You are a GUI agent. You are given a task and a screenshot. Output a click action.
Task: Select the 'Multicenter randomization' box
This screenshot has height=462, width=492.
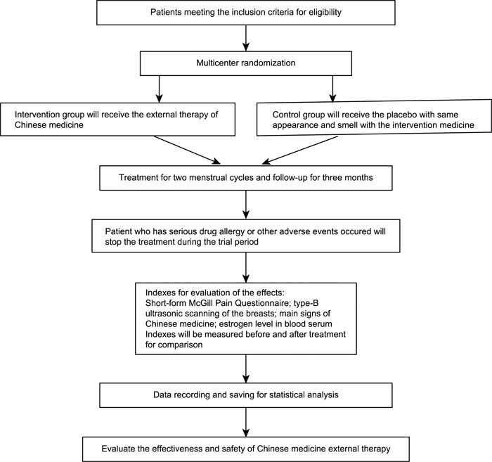(x=246, y=63)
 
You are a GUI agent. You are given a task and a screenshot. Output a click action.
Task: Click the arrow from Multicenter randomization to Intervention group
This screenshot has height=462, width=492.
(x=160, y=89)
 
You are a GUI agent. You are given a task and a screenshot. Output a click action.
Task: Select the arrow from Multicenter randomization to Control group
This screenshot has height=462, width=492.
(x=332, y=89)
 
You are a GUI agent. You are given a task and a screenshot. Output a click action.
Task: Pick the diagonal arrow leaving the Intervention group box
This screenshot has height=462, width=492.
(x=188, y=150)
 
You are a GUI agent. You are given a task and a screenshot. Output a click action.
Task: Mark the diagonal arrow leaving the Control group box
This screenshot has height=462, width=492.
(x=299, y=150)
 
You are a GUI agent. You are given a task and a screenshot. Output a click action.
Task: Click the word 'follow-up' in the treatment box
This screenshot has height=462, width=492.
(x=290, y=178)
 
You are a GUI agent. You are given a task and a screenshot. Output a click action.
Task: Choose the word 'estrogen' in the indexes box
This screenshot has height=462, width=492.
(x=235, y=323)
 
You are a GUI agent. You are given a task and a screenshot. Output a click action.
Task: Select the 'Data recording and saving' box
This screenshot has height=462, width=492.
(x=246, y=395)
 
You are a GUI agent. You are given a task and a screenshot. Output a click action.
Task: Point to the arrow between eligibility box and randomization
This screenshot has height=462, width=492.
(x=246, y=38)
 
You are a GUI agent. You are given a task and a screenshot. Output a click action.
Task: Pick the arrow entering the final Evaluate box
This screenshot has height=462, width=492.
(x=246, y=422)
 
